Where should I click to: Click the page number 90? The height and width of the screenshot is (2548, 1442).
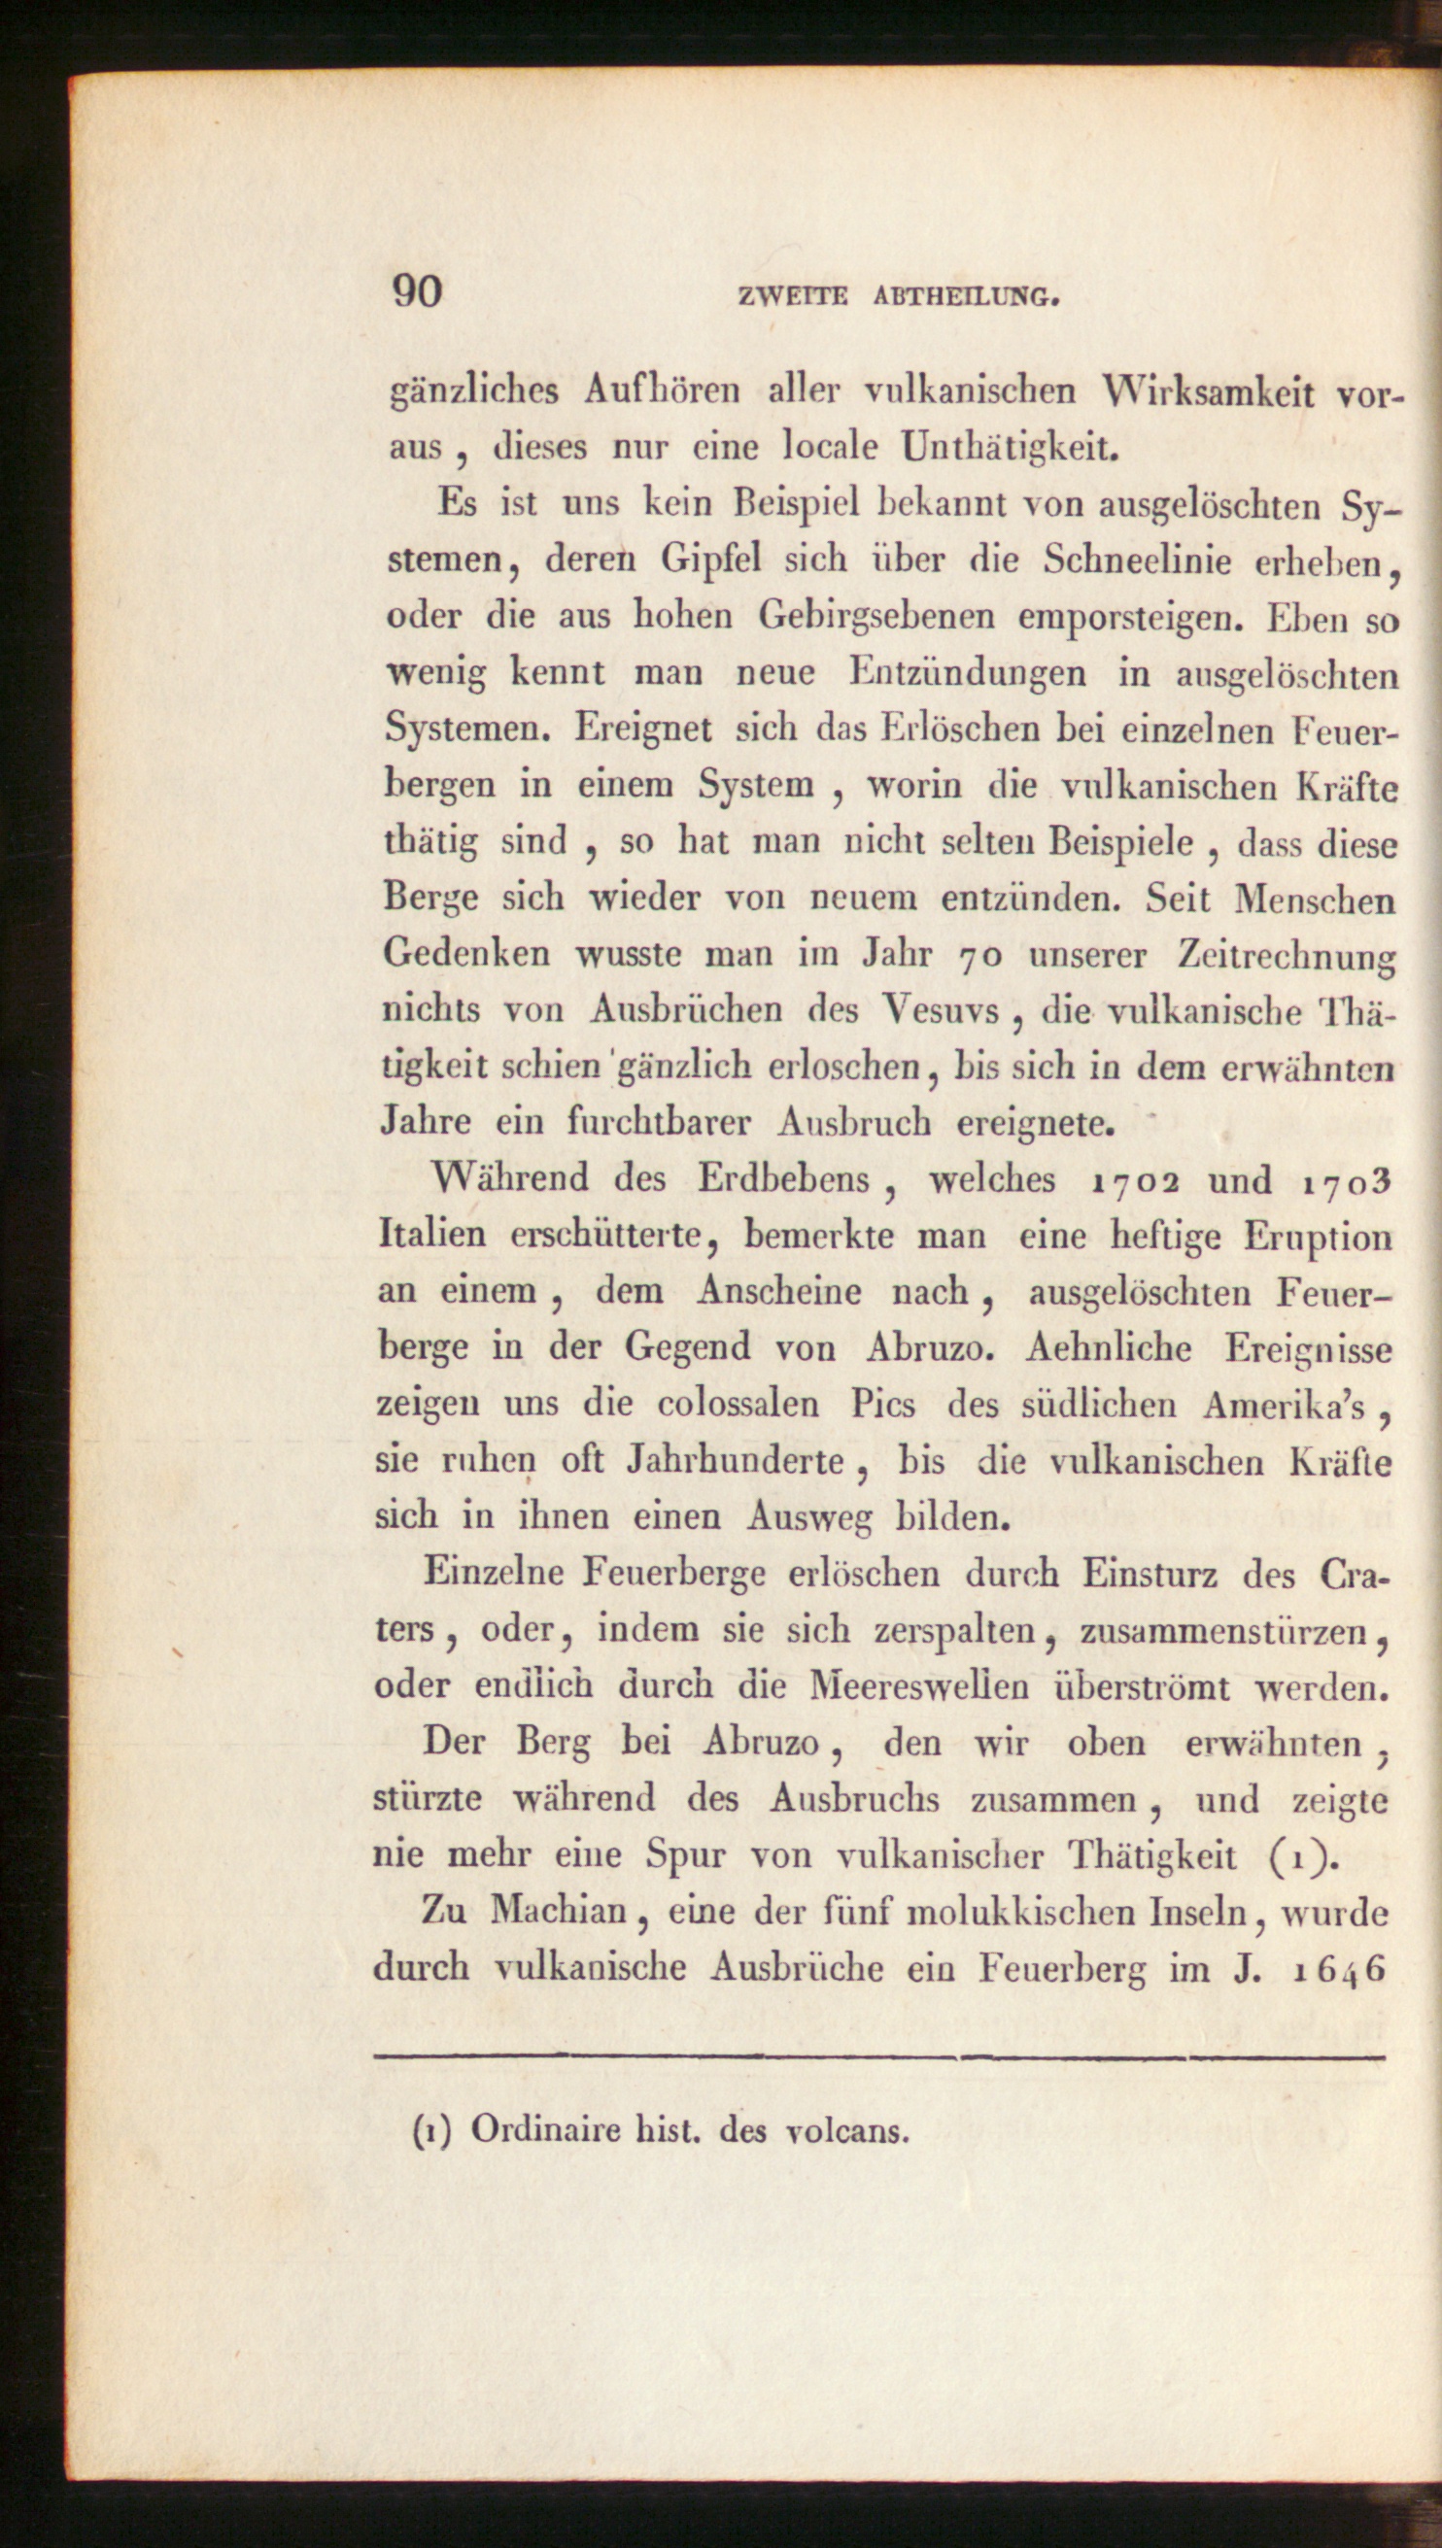[417, 293]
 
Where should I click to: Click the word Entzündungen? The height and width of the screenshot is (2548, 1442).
[968, 673]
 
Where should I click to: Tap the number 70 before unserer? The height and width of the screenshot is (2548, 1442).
[982, 957]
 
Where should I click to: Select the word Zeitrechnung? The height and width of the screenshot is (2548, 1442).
[1287, 957]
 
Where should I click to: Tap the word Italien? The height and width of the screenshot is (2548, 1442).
[432, 1236]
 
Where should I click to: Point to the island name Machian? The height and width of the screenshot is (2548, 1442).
[560, 1912]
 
